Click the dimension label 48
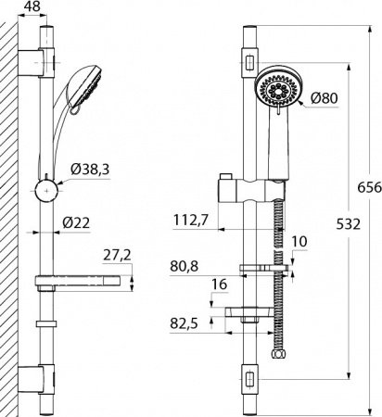(x=32, y=6)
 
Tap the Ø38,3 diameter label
(x=90, y=170)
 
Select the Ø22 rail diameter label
(x=76, y=223)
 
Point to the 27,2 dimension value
(x=117, y=256)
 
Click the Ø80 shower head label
(x=325, y=98)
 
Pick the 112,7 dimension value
(x=191, y=221)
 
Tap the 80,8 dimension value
(x=184, y=267)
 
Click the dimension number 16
(x=219, y=284)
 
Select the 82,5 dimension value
(x=184, y=324)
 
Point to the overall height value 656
(x=370, y=187)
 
